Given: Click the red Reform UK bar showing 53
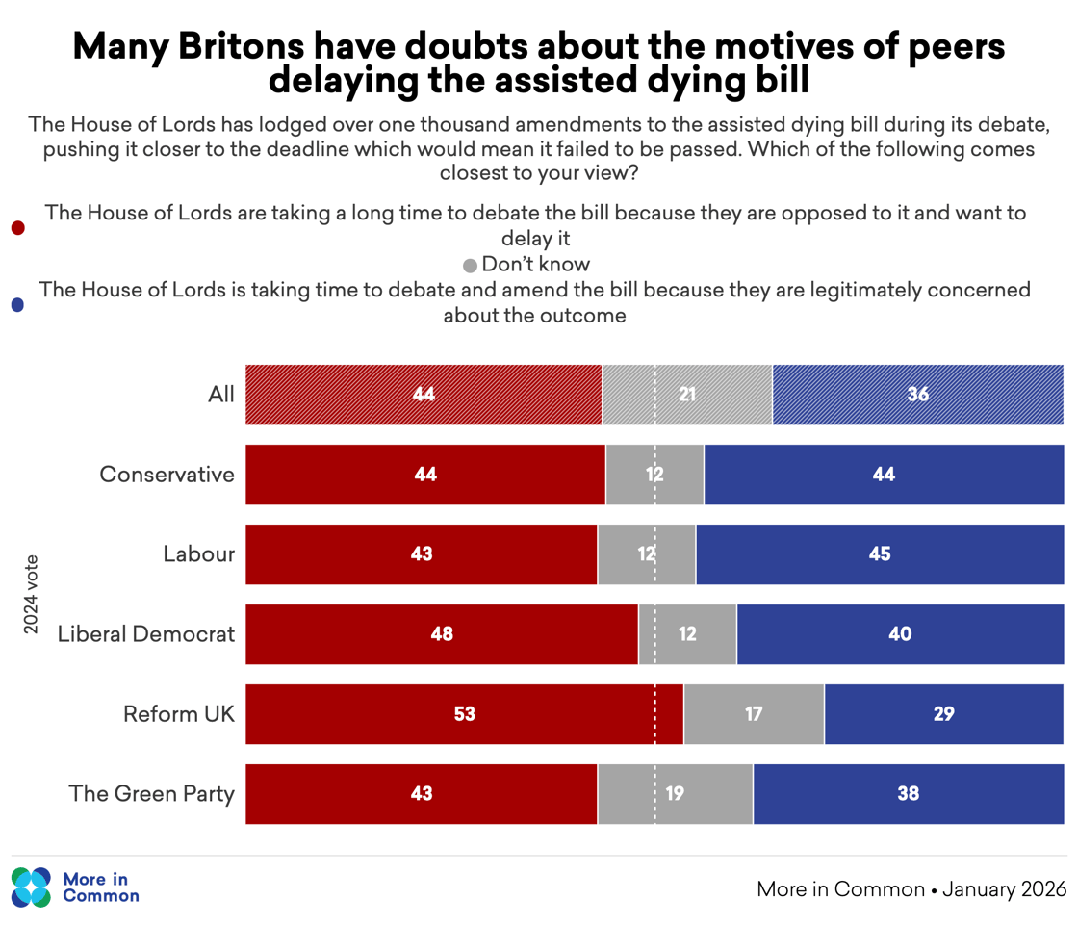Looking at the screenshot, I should click(464, 714).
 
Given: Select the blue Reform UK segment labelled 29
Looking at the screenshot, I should click(943, 714).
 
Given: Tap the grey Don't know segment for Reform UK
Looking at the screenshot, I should click(754, 714).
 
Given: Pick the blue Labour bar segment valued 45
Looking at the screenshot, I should click(879, 554).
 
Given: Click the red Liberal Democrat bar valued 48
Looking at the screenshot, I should click(442, 634).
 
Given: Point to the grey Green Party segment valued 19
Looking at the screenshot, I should click(675, 794).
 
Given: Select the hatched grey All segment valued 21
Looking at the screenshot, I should click(686, 395).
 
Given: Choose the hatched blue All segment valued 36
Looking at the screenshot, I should click(917, 395).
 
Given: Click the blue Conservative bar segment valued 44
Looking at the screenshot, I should click(883, 475).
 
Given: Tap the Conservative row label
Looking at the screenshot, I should click(167, 475).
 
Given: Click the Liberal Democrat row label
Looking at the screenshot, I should click(146, 634).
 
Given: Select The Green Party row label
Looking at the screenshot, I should click(152, 794).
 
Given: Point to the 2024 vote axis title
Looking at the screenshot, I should click(31, 594).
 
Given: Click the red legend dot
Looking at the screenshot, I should click(17, 228).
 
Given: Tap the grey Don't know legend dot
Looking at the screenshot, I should click(470, 266).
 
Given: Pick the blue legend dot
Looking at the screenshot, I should click(17, 305).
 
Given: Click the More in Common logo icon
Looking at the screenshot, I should click(31, 887).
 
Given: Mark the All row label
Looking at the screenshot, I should click(221, 395).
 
